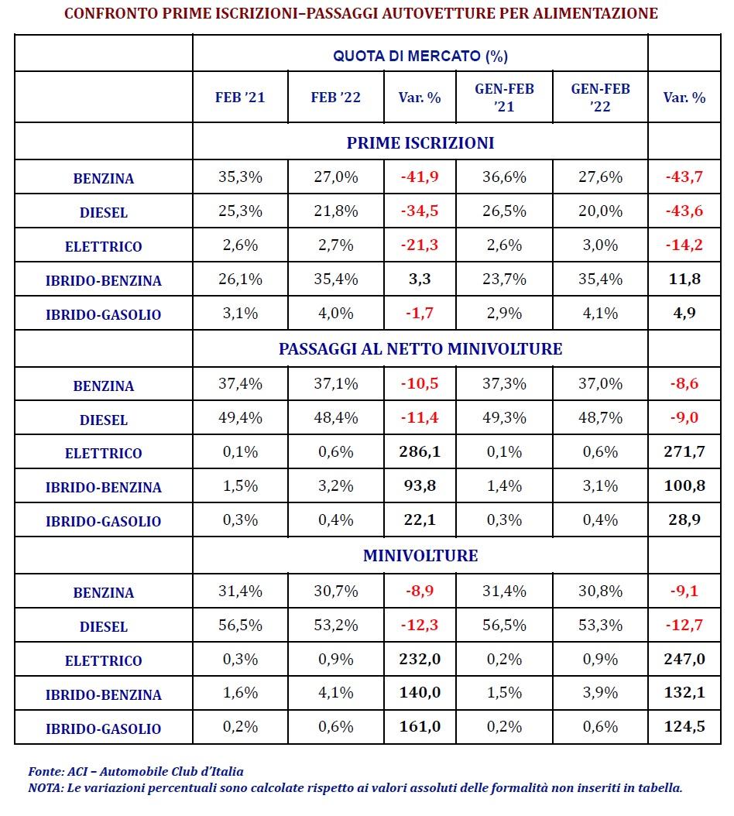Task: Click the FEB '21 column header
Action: pos(240,98)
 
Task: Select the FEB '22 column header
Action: pos(336,98)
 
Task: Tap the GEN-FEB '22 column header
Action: pos(600,98)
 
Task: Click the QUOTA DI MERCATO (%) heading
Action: pos(420,56)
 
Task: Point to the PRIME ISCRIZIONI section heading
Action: pos(420,142)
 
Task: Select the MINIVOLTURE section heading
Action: pos(420,555)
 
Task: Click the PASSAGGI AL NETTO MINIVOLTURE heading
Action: pos(420,348)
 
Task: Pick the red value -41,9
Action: pos(420,177)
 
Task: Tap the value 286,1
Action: pos(420,451)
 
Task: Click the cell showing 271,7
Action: pos(684,451)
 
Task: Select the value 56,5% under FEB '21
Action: pos(240,625)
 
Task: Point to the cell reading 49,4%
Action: pos(240,417)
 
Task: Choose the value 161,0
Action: pos(420,726)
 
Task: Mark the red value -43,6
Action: pos(684,211)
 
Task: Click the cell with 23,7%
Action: pos(504,279)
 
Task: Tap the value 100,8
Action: pos(684,485)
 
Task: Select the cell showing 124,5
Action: pos(684,726)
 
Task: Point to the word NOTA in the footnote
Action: pos(45,788)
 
